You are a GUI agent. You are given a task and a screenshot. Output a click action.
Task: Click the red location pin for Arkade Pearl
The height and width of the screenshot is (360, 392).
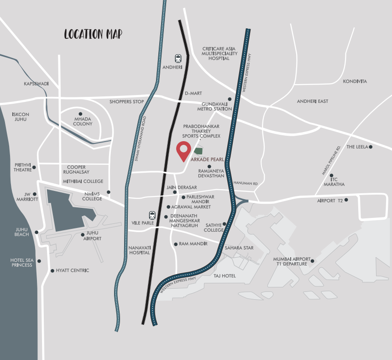coord(183,150)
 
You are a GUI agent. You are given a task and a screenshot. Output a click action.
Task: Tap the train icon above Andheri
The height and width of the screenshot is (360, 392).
coord(178,58)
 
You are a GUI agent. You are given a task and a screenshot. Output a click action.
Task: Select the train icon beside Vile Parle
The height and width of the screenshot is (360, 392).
coord(152,215)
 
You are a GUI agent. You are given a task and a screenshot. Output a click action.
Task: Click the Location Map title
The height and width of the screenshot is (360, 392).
coord(93,34)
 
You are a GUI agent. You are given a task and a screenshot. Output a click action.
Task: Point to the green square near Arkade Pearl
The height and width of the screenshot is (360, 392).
coord(198,151)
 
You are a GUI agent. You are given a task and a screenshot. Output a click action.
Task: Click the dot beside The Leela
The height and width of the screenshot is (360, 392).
coord(371,147)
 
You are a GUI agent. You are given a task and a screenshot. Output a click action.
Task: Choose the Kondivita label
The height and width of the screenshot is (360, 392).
coord(355,81)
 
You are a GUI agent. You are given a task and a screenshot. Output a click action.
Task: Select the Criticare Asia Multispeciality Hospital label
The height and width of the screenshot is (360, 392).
coord(220,53)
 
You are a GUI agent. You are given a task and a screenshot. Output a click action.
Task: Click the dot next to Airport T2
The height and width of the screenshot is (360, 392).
coord(346,200)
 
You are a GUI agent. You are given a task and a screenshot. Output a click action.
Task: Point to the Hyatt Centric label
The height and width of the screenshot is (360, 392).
coord(73,270)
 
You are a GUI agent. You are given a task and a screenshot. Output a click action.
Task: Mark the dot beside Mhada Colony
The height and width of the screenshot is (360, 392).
coord(80,114)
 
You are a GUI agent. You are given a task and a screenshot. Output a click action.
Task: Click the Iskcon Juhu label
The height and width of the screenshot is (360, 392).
coord(21,116)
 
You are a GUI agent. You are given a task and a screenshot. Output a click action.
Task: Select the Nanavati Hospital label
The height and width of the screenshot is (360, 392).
coord(139,249)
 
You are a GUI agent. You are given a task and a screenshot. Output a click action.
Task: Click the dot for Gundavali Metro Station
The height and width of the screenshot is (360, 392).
coord(230,99)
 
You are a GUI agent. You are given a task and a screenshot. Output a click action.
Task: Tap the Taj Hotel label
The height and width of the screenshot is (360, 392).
coord(225,276)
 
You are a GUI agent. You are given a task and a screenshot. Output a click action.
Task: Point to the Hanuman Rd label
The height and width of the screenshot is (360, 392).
coord(246,183)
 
